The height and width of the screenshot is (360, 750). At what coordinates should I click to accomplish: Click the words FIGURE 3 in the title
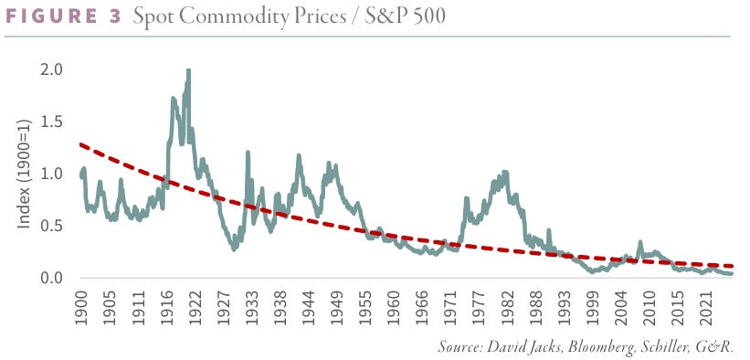pyautogui.click(x=64, y=16)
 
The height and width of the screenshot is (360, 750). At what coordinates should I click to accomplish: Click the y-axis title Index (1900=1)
pyautogui.click(x=24, y=173)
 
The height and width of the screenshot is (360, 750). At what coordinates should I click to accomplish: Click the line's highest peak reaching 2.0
pyautogui.click(x=188, y=71)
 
